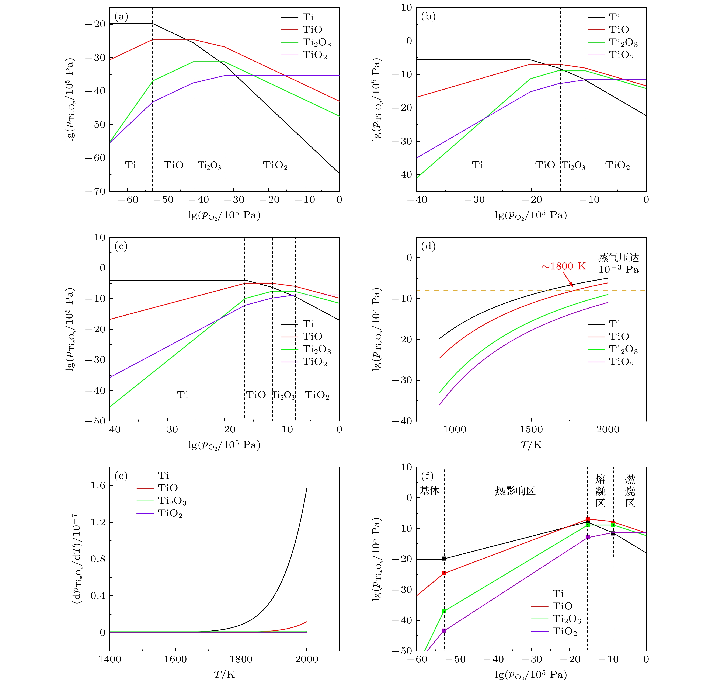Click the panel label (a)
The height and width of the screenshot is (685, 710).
[x=121, y=17]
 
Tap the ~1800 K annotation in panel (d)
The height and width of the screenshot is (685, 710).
[x=563, y=266]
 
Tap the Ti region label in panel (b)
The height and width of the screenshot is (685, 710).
[x=477, y=165]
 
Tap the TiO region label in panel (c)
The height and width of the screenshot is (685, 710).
[x=256, y=395]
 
